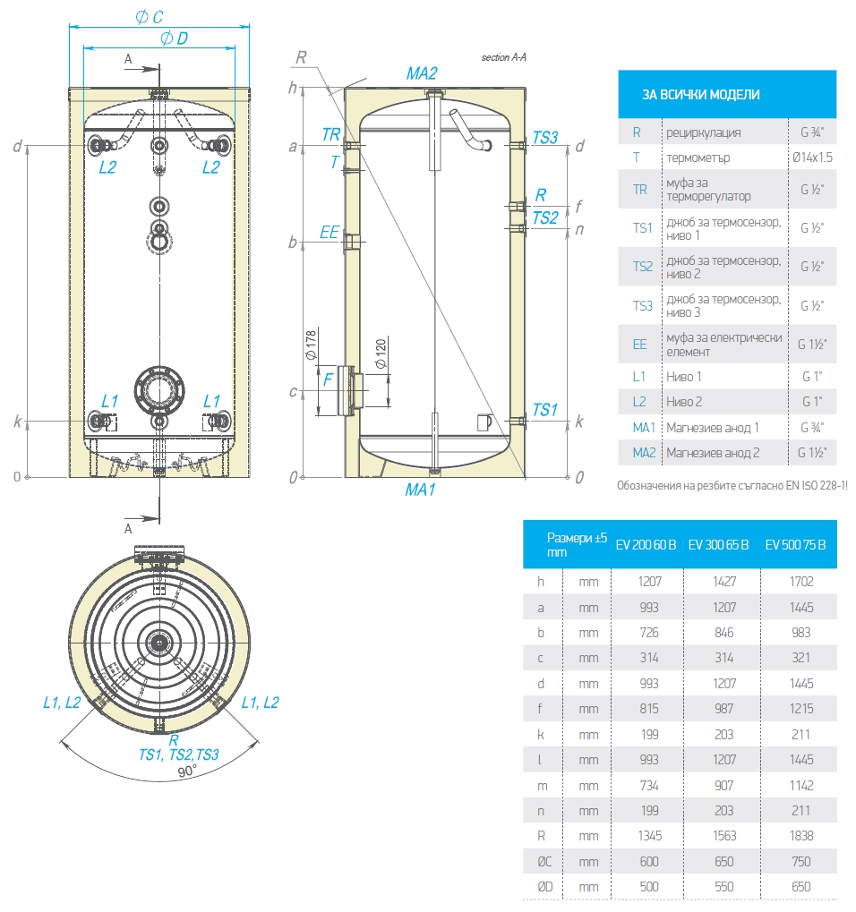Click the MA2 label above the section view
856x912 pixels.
click(x=422, y=73)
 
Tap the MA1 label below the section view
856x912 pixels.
click(x=420, y=490)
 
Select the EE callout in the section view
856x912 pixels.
click(x=330, y=233)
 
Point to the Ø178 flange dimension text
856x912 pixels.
click(x=312, y=345)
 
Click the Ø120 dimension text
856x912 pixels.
click(x=381, y=355)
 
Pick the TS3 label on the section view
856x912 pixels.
click(x=545, y=137)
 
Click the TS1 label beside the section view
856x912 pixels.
click(x=544, y=410)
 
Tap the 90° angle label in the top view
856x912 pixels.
click(x=187, y=771)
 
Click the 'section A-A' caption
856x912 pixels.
click(x=504, y=57)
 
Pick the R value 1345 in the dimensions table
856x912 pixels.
click(x=649, y=836)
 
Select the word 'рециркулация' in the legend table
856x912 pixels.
click(x=703, y=132)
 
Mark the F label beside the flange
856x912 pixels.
click(x=328, y=379)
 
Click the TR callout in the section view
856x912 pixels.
click(x=331, y=134)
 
